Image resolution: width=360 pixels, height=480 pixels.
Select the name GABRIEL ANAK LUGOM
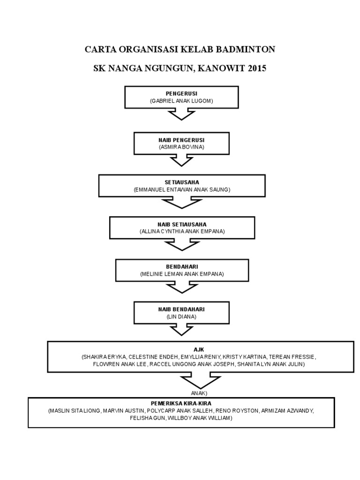[181, 101]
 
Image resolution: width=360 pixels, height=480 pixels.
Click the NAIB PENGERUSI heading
[181, 140]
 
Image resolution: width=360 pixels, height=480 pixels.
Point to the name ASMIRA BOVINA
[181, 147]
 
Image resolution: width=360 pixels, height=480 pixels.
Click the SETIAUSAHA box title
[181, 182]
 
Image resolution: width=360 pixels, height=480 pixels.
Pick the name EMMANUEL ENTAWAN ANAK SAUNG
[181, 189]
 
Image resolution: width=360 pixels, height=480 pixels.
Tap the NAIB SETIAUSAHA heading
[182, 225]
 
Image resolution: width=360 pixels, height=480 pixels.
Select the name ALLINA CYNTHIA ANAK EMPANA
[182, 232]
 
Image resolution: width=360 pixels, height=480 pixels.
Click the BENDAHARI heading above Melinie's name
[182, 267]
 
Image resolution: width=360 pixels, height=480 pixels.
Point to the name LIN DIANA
[181, 316]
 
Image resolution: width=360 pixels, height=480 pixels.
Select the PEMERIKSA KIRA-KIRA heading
[181, 403]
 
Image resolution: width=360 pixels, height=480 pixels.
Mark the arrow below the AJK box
[199, 380]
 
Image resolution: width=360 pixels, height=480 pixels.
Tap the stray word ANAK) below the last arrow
[199, 393]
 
